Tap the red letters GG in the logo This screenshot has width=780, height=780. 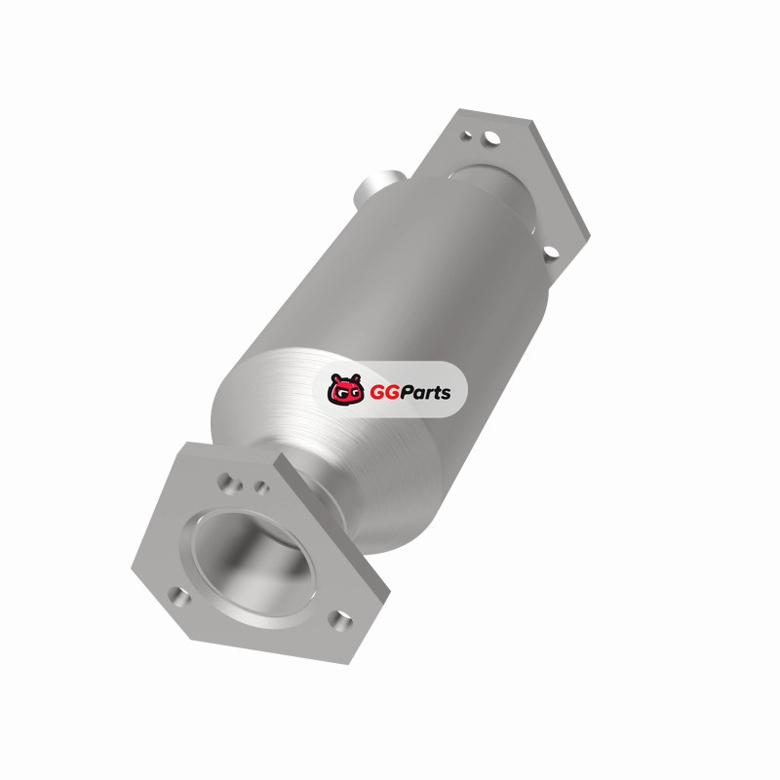381,393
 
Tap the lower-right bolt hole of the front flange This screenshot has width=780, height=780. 340,620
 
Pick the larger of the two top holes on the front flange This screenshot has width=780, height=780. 229,483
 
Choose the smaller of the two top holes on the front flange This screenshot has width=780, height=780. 261,487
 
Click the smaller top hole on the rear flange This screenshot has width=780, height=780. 467,135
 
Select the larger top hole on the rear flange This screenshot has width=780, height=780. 491,137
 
